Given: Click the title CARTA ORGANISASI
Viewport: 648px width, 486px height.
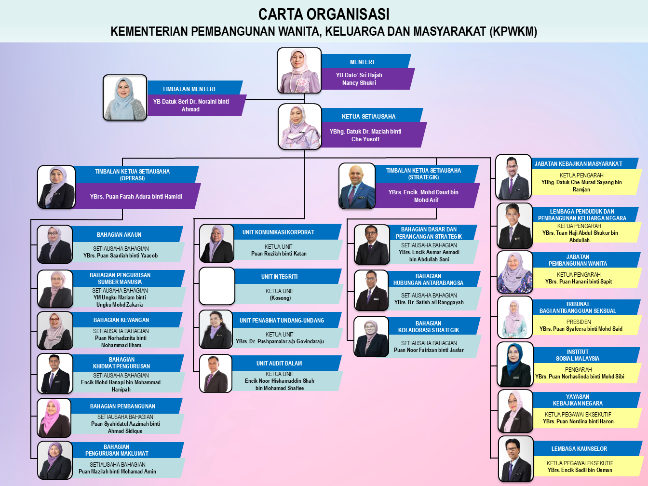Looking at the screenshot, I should tap(324, 14).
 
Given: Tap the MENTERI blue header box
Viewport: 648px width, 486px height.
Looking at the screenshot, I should tap(362, 62).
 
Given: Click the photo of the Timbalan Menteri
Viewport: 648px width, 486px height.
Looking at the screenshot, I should tap(125, 97).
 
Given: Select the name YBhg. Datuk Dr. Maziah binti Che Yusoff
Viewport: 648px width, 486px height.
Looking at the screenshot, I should tap(365, 135).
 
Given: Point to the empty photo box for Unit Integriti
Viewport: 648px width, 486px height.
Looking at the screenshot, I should tap(217, 286).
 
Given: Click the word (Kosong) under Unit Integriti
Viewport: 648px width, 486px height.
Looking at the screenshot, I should tap(280, 298).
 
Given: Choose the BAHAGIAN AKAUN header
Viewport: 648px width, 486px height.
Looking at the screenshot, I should tap(119, 235).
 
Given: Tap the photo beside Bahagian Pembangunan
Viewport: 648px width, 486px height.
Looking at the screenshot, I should tap(54, 418).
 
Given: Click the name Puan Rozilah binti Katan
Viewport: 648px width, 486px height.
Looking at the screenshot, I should tap(279, 254).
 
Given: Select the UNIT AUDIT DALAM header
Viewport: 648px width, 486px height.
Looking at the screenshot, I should tap(279, 364).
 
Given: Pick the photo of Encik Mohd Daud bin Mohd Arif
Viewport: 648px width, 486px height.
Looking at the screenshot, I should tap(357, 186).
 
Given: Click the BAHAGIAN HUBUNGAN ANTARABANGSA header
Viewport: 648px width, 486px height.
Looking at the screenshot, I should tap(428, 280).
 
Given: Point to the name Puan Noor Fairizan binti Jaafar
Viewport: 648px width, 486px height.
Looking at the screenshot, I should tap(429, 350).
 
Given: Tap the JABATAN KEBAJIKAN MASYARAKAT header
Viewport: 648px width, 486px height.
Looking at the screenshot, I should tap(578, 164).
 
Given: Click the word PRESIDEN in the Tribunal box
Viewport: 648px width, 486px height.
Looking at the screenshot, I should tap(579, 322).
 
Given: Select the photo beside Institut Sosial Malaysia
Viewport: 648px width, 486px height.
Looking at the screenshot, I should tap(515, 364).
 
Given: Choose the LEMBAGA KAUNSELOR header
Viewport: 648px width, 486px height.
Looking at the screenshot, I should tap(579, 449).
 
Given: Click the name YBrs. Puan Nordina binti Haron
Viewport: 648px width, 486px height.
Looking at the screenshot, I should tap(578, 421).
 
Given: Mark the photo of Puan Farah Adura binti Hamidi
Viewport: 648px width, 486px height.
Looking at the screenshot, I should tap(57, 187).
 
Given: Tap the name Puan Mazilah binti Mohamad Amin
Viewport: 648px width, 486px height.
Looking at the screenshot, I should tap(117, 472).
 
